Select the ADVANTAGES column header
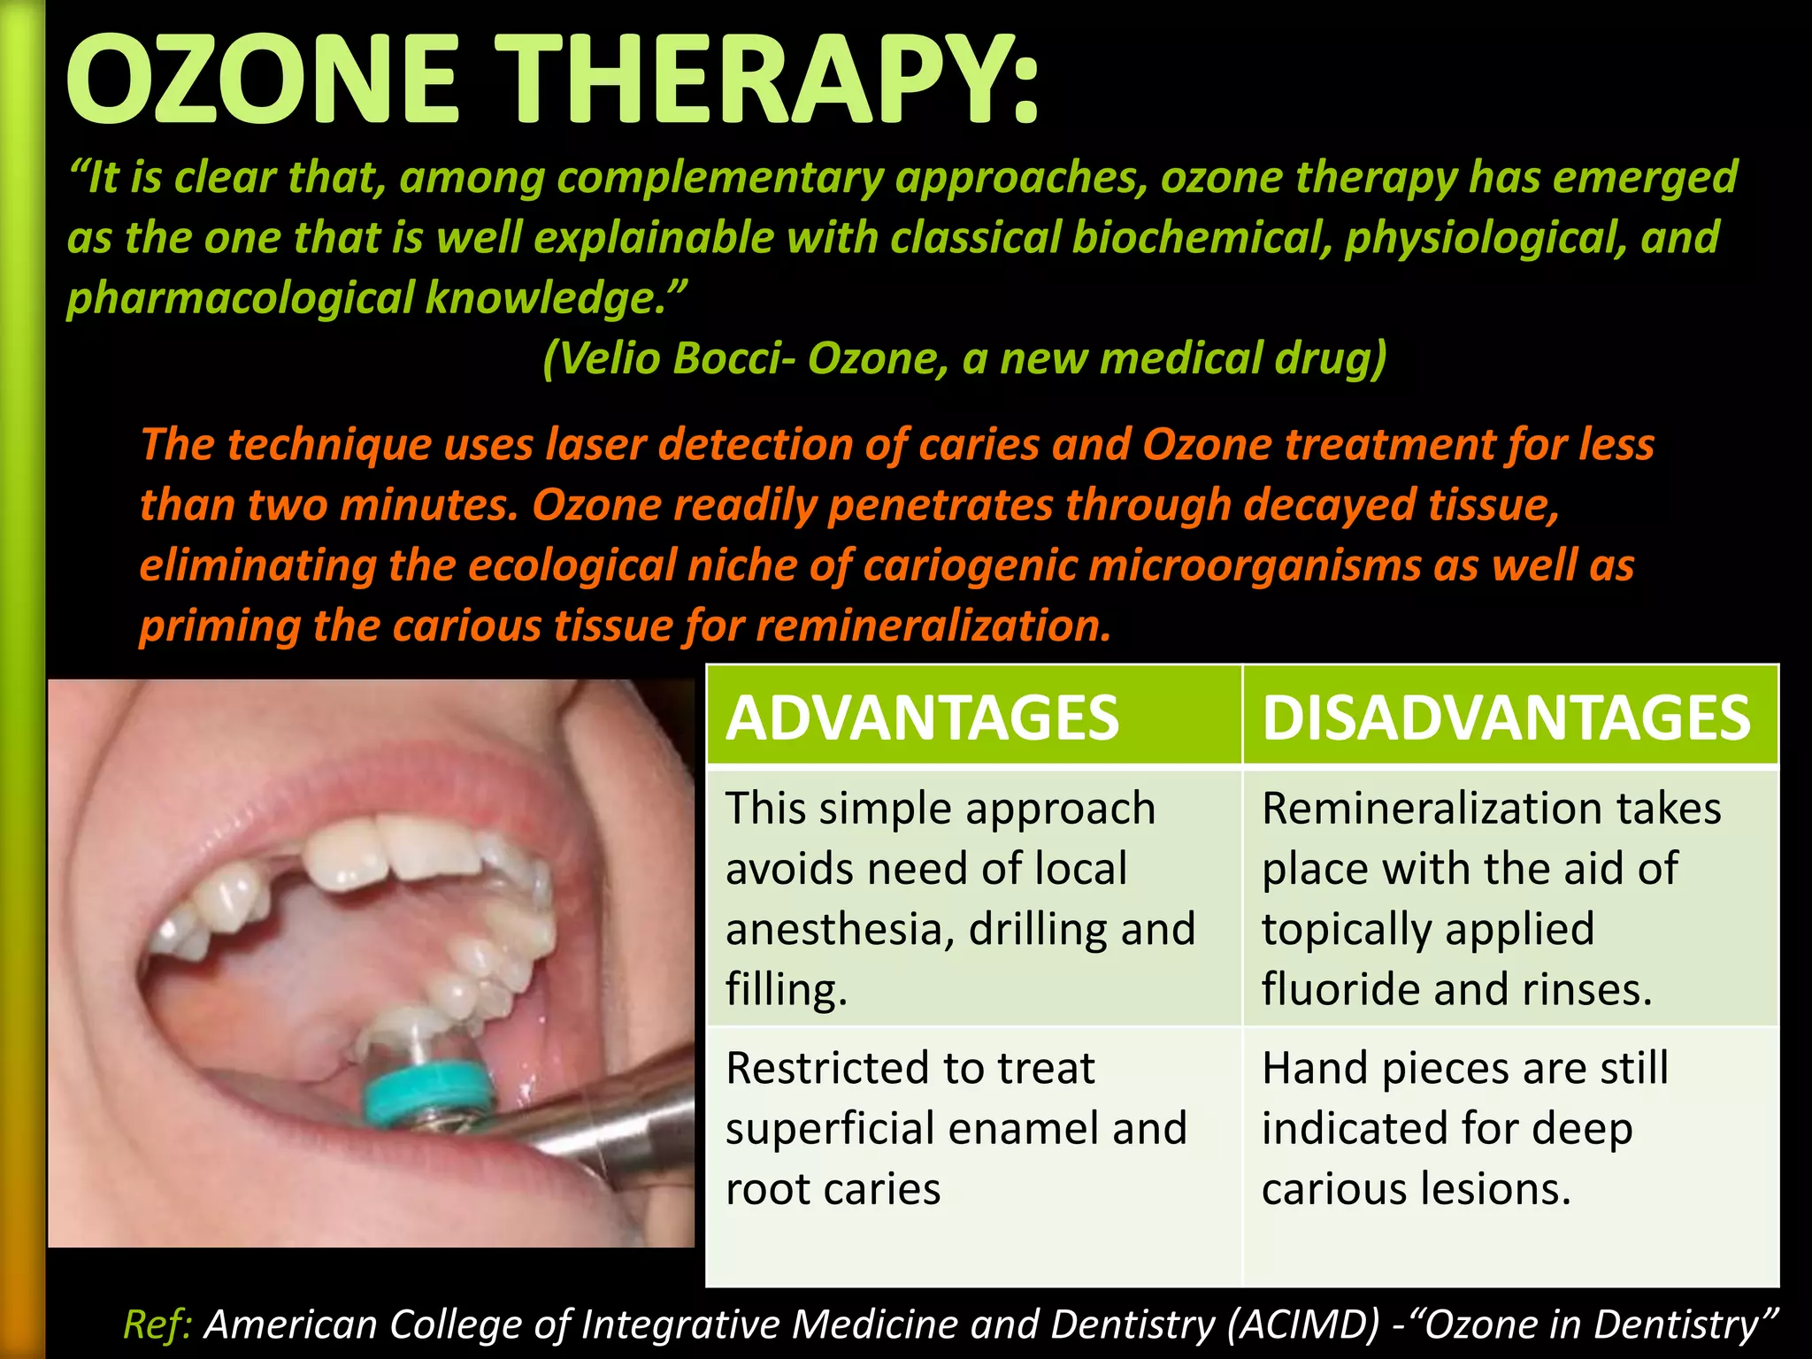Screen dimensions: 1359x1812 coord(923,718)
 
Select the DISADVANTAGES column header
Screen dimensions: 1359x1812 coord(1506,718)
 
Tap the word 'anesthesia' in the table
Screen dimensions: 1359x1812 coord(840,929)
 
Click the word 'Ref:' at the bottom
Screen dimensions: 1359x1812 coord(158,1324)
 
